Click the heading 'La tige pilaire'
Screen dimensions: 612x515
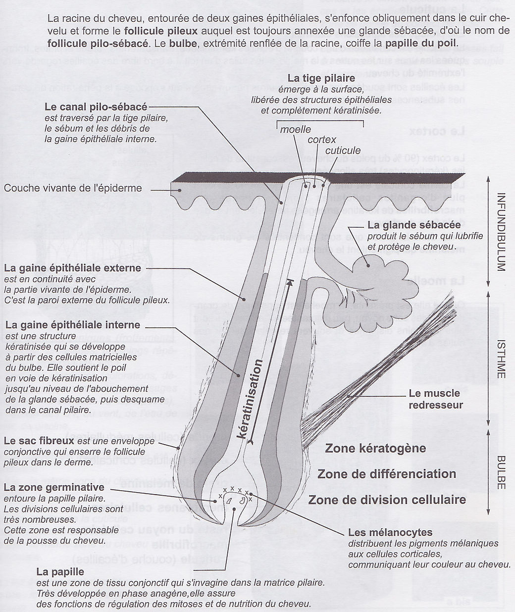[x=321, y=78]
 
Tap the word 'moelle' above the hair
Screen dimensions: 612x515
[x=296, y=130]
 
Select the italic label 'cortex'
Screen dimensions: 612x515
[x=321, y=140]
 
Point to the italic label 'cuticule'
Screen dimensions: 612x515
[x=343, y=150]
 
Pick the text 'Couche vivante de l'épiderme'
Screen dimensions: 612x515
[x=73, y=188]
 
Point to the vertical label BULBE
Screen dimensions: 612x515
[x=500, y=472]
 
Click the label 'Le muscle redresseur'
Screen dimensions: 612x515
[x=434, y=399]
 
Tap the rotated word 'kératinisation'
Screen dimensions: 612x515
[x=256, y=399]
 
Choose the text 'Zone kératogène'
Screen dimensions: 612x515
[x=375, y=448]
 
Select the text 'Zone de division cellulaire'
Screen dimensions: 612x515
[x=387, y=499]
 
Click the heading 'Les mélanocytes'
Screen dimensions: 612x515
[x=390, y=533]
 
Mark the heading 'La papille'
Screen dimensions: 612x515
[x=60, y=572]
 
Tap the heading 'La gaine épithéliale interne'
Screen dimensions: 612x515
[x=72, y=325]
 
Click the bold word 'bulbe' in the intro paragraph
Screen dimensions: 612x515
[x=183, y=43]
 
